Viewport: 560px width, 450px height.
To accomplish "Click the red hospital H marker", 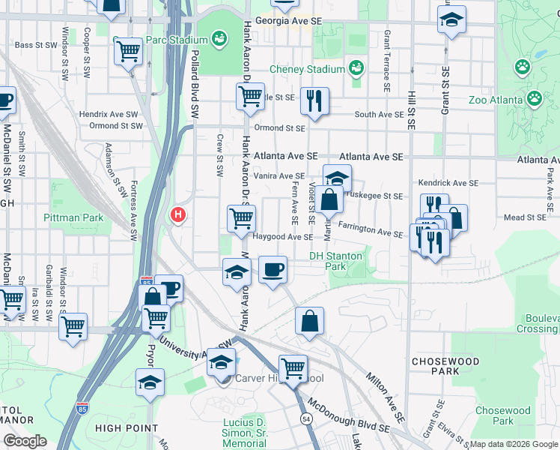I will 178,215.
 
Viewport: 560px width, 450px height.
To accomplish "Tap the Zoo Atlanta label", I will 495,100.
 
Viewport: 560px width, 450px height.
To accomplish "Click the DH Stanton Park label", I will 336,261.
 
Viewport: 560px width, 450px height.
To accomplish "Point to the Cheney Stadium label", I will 307,70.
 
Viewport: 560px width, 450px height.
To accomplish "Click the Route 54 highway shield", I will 305,418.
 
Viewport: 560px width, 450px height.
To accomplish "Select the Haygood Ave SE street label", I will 281,237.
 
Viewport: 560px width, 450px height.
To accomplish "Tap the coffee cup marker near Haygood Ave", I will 273,268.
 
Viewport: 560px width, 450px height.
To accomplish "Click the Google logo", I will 25,441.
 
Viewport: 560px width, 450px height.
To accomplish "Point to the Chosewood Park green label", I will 502,415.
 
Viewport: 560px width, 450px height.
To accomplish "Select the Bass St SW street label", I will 35,46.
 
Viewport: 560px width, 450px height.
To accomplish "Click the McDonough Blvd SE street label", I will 349,416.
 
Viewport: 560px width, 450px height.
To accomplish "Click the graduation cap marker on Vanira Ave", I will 337,178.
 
